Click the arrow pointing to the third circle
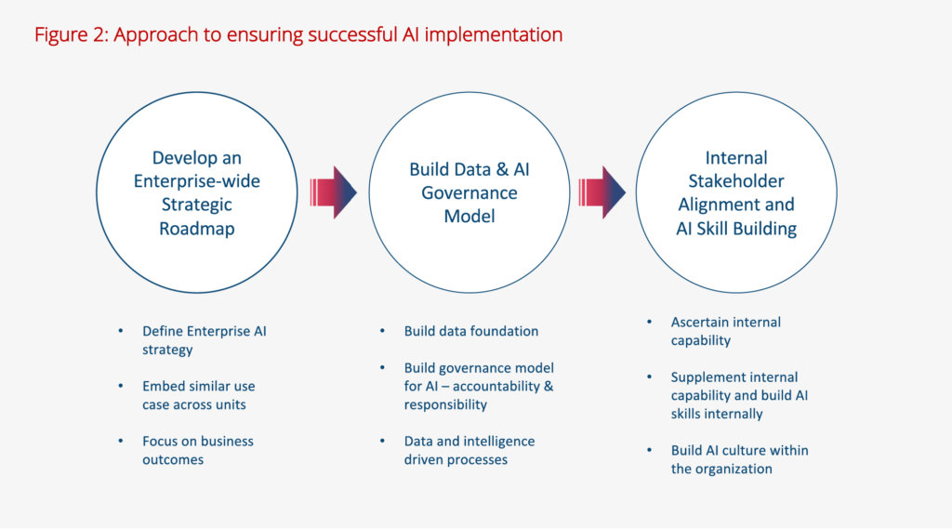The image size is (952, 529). pyautogui.click(x=602, y=192)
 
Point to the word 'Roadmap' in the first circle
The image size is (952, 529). pyautogui.click(x=196, y=228)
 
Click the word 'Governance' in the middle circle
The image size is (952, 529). pyautogui.click(x=469, y=192)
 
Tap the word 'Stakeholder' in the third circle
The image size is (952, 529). pyautogui.click(x=736, y=181)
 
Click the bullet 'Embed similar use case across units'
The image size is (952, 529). pyautogui.click(x=198, y=395)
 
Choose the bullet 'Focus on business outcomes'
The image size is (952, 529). pyautogui.click(x=198, y=450)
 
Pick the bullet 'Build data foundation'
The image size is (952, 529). pyautogui.click(x=470, y=331)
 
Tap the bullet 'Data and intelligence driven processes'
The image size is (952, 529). pyautogui.click(x=469, y=450)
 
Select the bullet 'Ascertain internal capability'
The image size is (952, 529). pyautogui.click(x=725, y=331)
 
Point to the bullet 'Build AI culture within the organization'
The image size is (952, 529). pyautogui.click(x=739, y=459)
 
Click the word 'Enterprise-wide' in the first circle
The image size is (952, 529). pyautogui.click(x=196, y=181)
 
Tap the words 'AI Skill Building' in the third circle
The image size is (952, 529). pyautogui.click(x=736, y=228)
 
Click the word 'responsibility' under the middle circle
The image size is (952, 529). pyautogui.click(x=445, y=404)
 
